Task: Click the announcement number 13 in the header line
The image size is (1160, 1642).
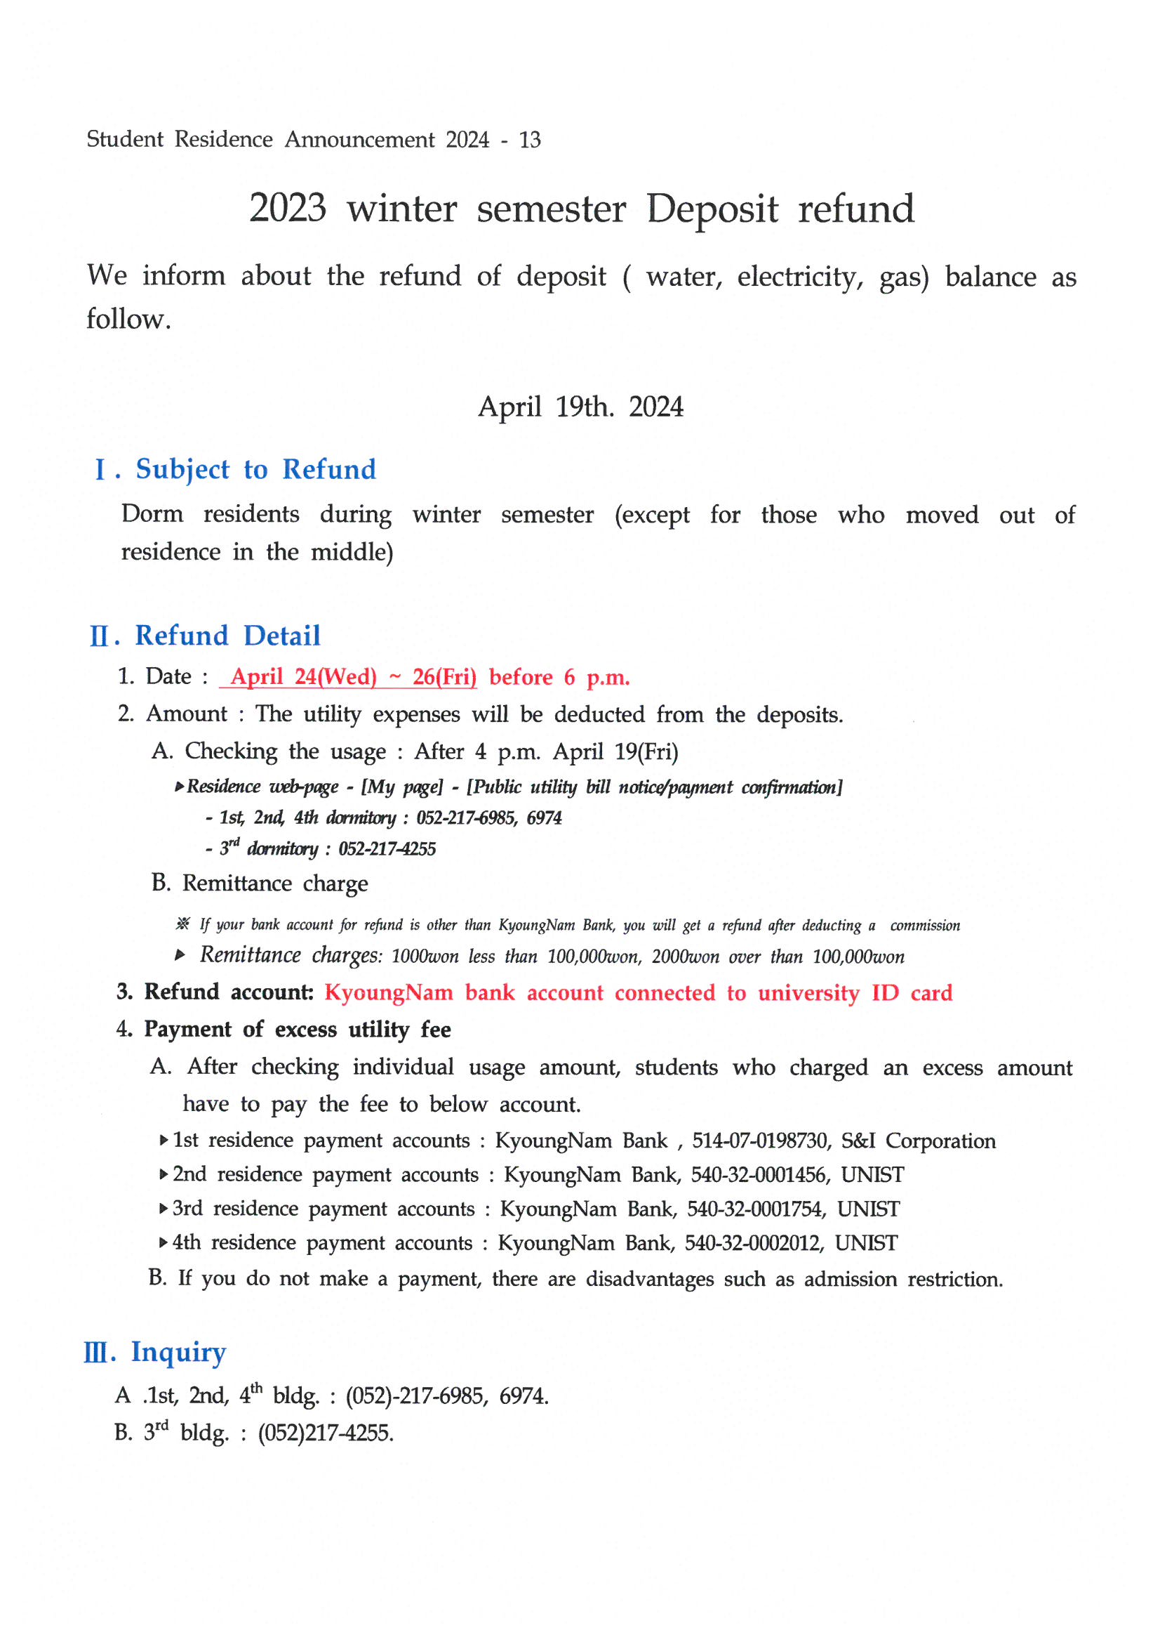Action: point(530,140)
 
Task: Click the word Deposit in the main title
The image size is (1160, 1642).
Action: point(712,209)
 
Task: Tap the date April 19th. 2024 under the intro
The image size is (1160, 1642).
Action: point(580,407)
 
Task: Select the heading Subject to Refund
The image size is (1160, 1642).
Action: point(256,470)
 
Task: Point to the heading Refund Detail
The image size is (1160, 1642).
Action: point(227,636)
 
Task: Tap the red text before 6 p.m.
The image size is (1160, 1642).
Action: point(559,677)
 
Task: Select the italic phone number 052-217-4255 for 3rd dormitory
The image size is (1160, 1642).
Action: point(387,849)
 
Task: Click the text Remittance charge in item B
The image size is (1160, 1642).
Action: point(275,884)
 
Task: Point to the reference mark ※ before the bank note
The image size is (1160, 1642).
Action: point(183,924)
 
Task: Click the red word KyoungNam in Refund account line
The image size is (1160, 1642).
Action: point(389,992)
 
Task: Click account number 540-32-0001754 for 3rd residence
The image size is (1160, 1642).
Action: point(757,1209)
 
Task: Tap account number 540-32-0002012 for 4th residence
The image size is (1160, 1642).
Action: point(754,1243)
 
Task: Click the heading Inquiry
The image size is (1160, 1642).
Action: point(178,1353)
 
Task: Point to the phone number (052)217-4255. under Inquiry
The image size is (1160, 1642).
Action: point(326,1433)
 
